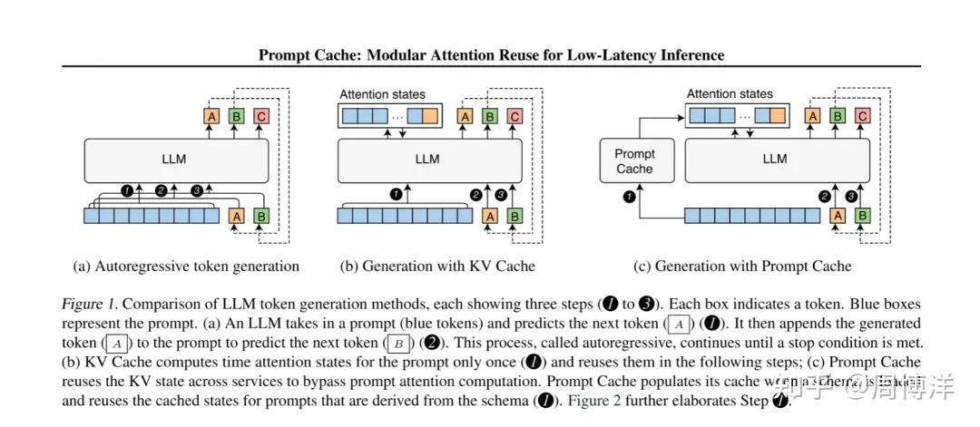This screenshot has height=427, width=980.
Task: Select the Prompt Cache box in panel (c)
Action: point(634,161)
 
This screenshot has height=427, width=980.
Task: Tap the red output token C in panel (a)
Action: point(261,116)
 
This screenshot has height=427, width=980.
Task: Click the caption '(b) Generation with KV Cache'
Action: point(437,267)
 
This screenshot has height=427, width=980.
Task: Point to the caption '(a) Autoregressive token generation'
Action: point(186,267)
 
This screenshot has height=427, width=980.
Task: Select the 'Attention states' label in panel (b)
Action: point(382,94)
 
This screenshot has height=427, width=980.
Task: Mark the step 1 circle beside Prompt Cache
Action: point(626,195)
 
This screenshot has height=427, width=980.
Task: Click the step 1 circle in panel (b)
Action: point(395,194)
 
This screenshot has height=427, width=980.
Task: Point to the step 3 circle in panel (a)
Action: point(196,190)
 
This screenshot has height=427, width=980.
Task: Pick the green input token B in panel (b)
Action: point(515,216)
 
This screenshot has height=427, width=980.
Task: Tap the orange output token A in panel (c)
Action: point(813,116)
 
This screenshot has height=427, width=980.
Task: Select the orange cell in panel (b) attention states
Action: point(429,116)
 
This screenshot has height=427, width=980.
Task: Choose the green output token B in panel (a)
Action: point(237,116)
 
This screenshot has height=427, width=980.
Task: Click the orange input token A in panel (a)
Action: point(237,216)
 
